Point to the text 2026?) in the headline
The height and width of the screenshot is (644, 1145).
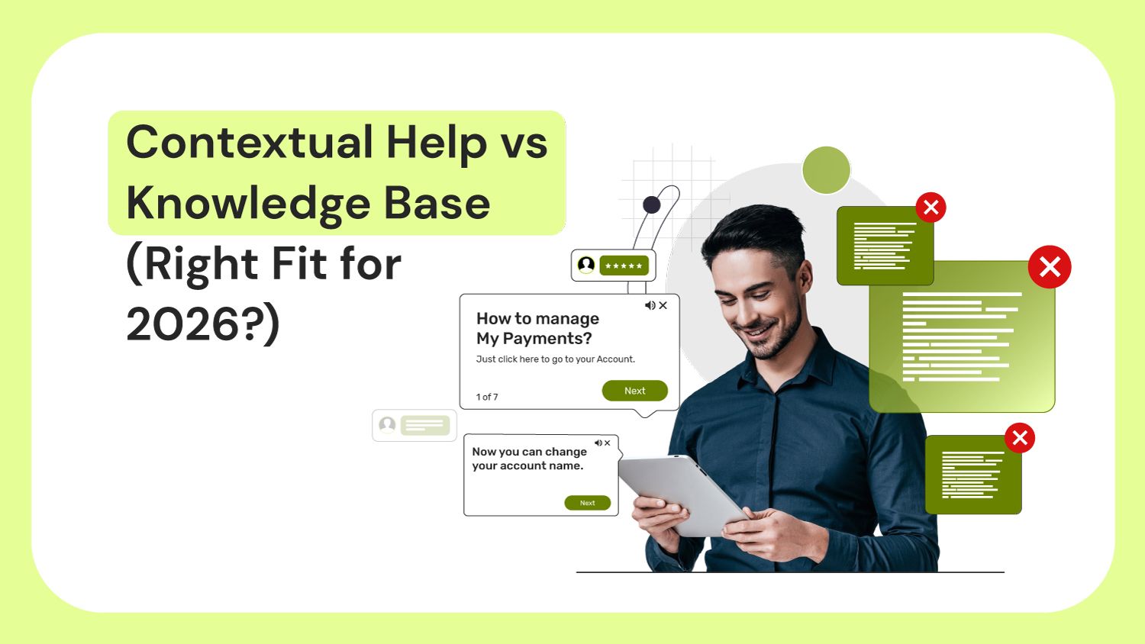[x=203, y=324]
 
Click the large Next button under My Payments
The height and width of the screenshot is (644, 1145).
[x=634, y=391]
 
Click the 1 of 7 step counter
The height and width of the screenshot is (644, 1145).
[x=487, y=397]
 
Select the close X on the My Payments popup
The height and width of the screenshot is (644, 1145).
[x=663, y=305]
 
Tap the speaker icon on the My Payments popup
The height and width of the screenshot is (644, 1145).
[x=650, y=305]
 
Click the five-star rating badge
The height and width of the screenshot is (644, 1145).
[x=624, y=266]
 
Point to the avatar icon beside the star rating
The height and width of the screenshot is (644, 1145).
[x=586, y=265]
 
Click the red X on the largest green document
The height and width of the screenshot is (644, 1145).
[x=1050, y=267]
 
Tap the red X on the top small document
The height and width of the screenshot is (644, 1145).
[x=931, y=207]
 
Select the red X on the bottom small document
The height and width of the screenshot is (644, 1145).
[x=1019, y=438]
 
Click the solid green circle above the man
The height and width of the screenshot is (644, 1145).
[x=826, y=170]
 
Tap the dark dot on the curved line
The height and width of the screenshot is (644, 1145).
[x=651, y=204]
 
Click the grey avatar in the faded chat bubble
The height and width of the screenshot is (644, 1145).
[x=388, y=425]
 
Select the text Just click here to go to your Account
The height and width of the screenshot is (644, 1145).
[x=555, y=359]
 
